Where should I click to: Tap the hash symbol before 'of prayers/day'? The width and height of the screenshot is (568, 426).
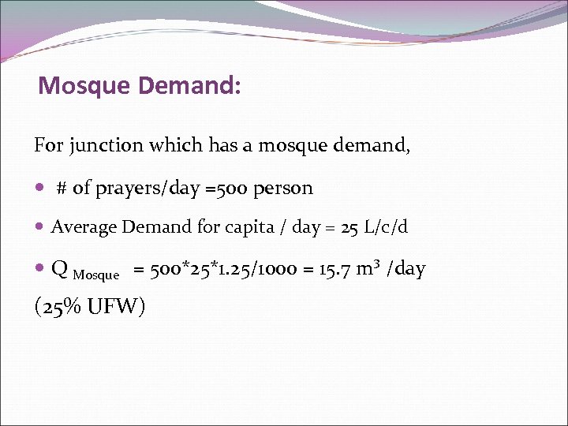pos(62,189)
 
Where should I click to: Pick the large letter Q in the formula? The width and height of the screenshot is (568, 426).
pos(59,270)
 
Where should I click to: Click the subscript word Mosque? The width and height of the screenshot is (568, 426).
pos(95,275)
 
